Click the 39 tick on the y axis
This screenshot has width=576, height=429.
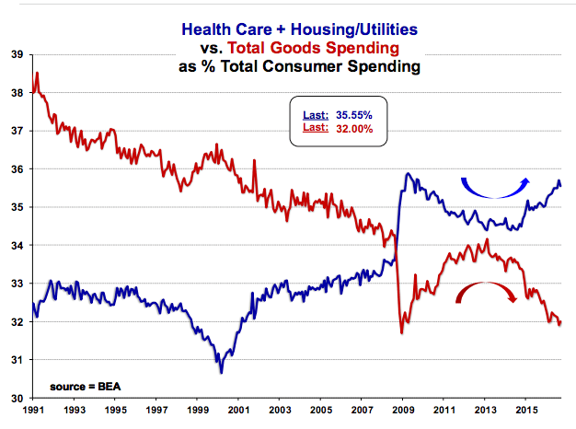tap(16, 54)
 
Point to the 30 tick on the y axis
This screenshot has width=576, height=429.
tap(16, 398)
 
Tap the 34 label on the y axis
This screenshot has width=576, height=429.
tap(16, 246)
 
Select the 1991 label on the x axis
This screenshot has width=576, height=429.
tap(34, 412)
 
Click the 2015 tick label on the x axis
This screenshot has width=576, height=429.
tap(525, 412)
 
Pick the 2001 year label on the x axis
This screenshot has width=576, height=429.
tap(238, 412)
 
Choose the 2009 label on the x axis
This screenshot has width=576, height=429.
tap(402, 412)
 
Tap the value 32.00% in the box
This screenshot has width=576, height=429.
tap(353, 128)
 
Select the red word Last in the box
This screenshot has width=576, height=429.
tap(313, 128)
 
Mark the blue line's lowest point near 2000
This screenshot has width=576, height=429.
tap(222, 372)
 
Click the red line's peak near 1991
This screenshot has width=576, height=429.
tap(36, 73)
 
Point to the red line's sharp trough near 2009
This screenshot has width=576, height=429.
tap(401, 332)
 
